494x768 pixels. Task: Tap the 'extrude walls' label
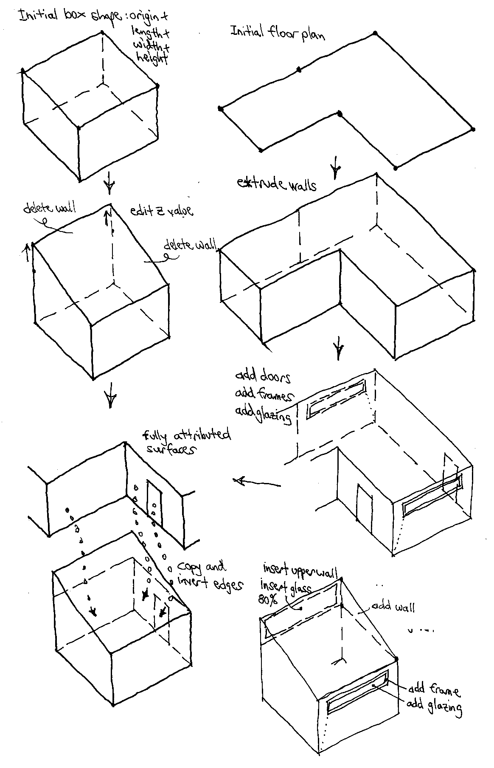tap(277, 184)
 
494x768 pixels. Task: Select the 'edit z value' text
tap(161, 211)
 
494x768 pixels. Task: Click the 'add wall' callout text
tap(393, 607)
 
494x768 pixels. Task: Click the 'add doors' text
tap(263, 377)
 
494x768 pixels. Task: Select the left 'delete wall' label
tap(50, 209)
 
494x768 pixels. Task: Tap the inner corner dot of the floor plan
tap(339, 113)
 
